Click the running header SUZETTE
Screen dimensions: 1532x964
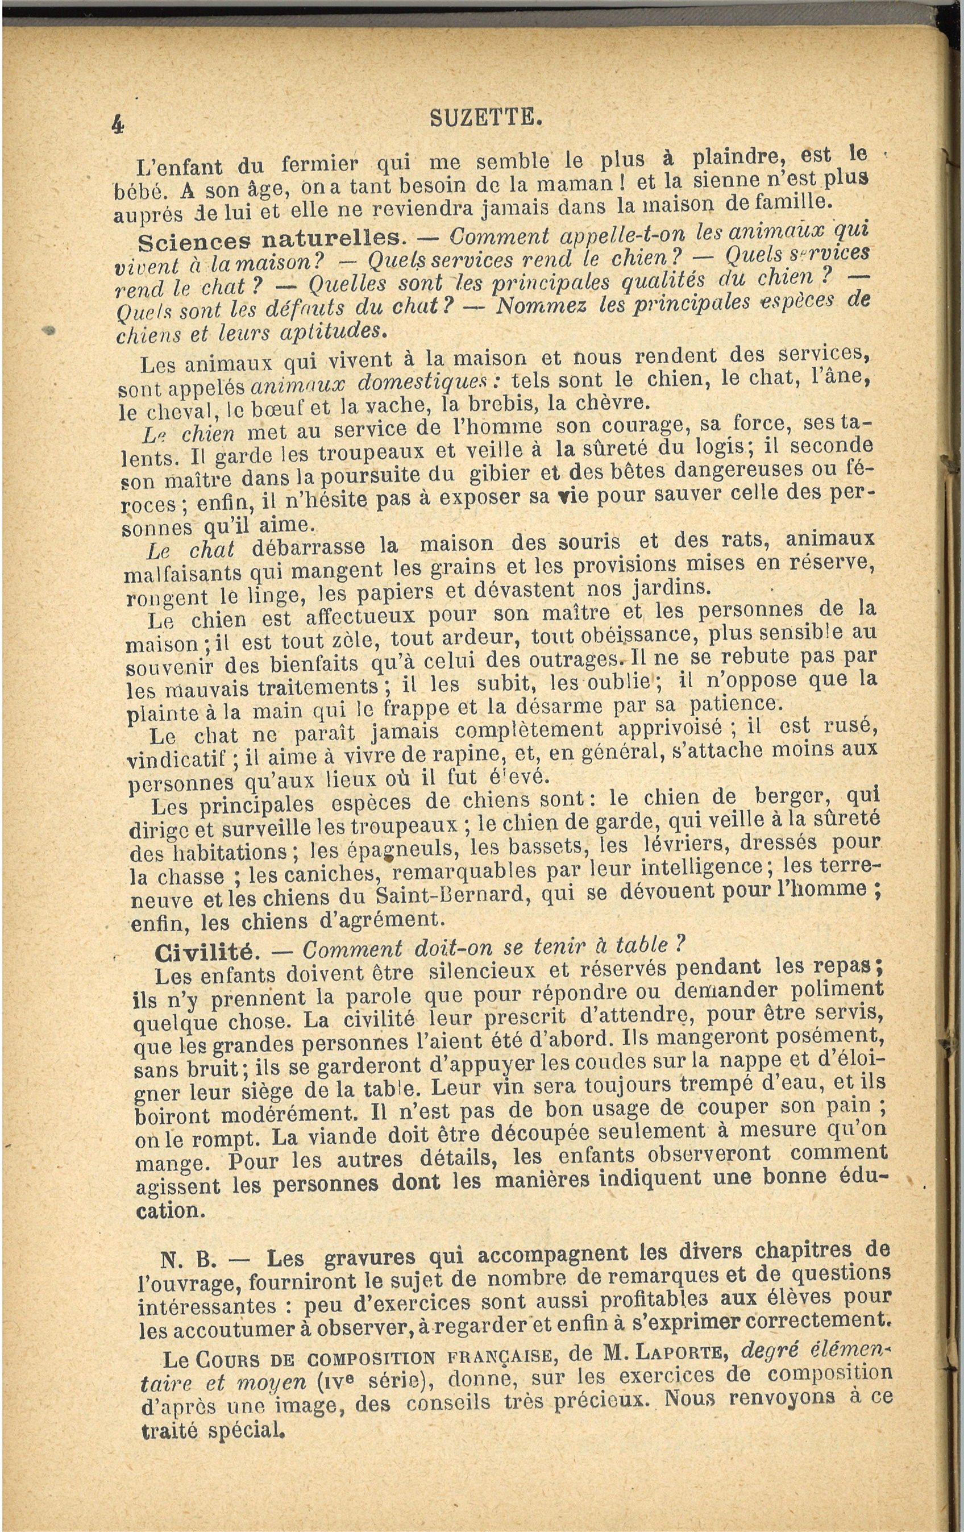(x=485, y=117)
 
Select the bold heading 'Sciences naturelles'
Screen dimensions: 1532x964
(x=271, y=240)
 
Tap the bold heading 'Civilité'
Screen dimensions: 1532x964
(x=204, y=952)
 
